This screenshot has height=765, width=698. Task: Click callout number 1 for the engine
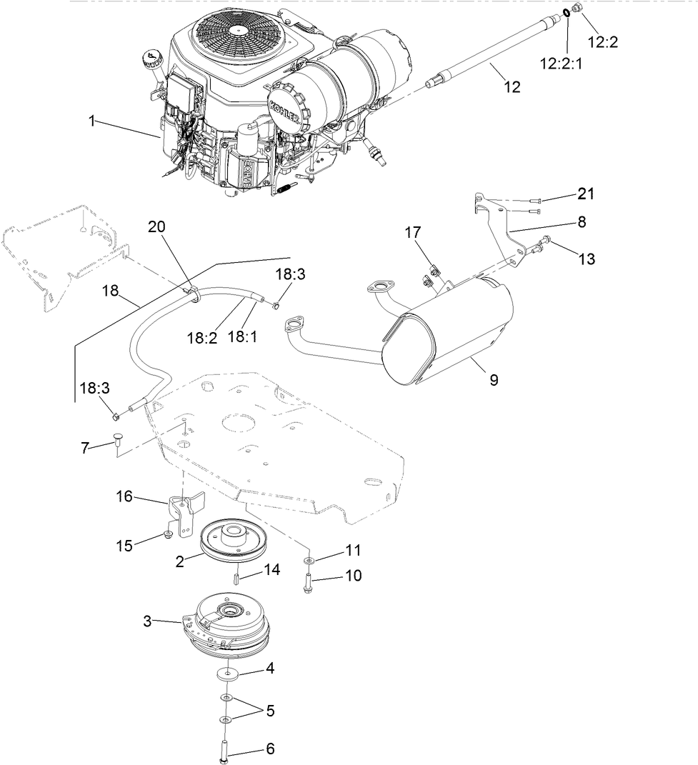point(91,121)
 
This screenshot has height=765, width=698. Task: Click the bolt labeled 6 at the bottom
point(224,748)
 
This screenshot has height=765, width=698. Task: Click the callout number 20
point(157,227)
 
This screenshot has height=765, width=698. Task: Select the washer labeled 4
point(226,673)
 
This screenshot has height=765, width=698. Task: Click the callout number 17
point(413,233)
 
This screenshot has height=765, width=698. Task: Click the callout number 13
point(586,259)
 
